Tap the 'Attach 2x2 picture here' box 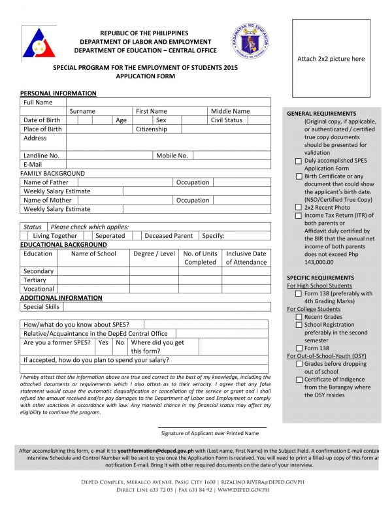click(331, 59)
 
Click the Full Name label click(38, 103)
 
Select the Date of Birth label click(42, 120)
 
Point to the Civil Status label click(226, 120)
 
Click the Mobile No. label click(172, 155)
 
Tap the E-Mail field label click(33, 165)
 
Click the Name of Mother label click(48, 200)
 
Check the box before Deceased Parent click(137, 236)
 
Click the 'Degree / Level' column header click(154, 253)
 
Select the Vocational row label click(39, 289)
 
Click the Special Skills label click(41, 306)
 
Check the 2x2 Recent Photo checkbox click(299, 207)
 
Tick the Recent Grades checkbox click(299, 317)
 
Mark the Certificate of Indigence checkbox click(299, 380)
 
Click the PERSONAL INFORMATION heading click(58, 93)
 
